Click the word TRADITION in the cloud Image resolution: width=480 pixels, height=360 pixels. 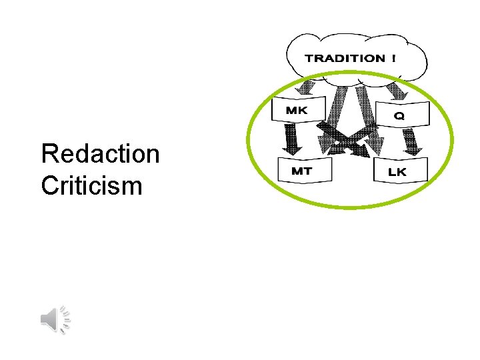click(x=345, y=58)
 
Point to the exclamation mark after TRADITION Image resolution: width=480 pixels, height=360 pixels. click(x=393, y=58)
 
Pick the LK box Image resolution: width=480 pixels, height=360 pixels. click(x=398, y=171)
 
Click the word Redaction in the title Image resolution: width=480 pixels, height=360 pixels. click(x=100, y=154)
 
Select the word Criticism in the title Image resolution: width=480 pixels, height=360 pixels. click(x=91, y=185)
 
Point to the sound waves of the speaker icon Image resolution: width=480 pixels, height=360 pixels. click(x=65, y=319)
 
